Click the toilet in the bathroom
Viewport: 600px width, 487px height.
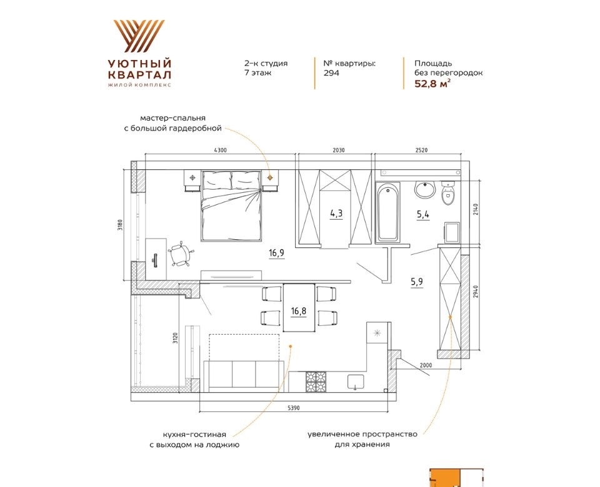click(x=447, y=194)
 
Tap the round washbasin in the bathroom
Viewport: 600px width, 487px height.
click(x=426, y=190)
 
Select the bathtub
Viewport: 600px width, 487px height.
click(x=387, y=212)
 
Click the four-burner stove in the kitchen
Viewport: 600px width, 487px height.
click(x=316, y=381)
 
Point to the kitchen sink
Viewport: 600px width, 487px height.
click(x=356, y=382)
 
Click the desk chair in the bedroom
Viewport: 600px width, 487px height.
click(x=180, y=254)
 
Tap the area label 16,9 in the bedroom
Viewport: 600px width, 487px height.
click(x=276, y=253)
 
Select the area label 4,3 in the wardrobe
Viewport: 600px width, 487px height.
click(x=336, y=214)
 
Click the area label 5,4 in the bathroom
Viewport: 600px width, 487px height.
click(x=423, y=214)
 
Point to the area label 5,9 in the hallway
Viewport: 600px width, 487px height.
click(x=417, y=282)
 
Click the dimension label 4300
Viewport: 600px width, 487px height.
click(x=220, y=150)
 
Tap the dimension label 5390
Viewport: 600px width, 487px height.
click(x=294, y=408)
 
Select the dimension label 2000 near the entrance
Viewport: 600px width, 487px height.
click(x=426, y=365)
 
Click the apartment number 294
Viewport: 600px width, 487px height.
click(x=331, y=73)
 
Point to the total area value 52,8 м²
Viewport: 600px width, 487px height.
click(x=432, y=84)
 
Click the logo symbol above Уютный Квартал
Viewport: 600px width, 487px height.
click(x=139, y=36)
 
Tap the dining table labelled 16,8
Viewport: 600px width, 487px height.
click(x=299, y=308)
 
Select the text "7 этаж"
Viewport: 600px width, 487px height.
click(x=258, y=72)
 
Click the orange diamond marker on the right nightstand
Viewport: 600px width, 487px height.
click(x=270, y=177)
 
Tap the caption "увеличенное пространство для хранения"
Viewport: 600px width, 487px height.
click(x=362, y=440)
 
